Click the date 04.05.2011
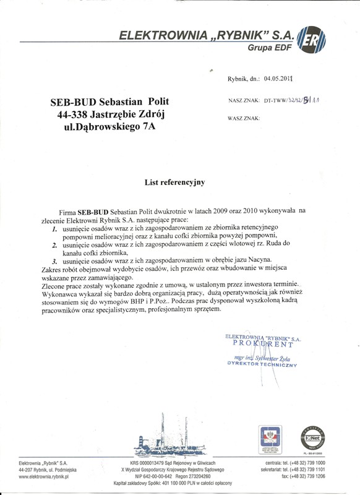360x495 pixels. [x=278, y=79]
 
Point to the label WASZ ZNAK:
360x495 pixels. [x=244, y=117]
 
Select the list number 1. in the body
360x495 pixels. [x=55, y=228]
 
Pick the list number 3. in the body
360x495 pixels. [x=55, y=262]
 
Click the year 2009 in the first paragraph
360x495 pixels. [x=217, y=211]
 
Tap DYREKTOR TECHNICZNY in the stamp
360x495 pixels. [x=262, y=366]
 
